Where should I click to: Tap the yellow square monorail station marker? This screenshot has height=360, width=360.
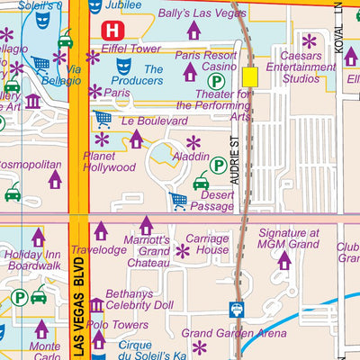click(249, 78)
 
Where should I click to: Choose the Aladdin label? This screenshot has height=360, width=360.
click(192, 156)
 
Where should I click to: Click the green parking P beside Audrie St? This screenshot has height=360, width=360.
click(219, 165)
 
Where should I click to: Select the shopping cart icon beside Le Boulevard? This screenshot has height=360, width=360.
click(103, 118)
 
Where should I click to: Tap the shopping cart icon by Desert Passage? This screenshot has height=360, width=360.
click(179, 200)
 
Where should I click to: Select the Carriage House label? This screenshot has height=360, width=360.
click(207, 245)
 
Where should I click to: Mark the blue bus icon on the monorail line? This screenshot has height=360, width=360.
click(238, 309)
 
